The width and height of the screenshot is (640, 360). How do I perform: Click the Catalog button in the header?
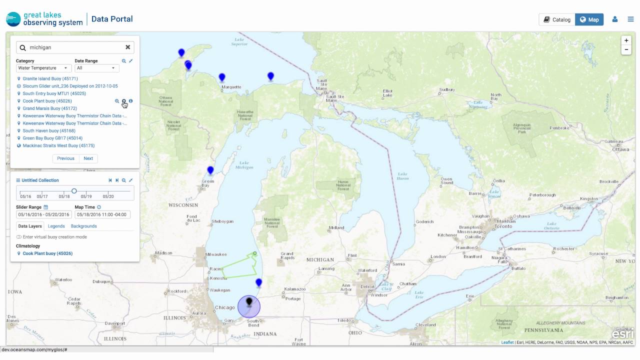pos(557,19)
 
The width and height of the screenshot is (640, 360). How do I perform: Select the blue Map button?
pos(589,19)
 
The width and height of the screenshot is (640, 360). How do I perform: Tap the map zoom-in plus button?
pos(626,40)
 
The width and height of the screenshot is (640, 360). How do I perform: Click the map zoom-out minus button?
pos(626,49)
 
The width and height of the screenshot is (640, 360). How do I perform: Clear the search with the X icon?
pos(127,47)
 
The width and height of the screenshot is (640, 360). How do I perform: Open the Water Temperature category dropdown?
pos(44,68)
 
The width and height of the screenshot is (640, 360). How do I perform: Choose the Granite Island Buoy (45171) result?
pos(50,78)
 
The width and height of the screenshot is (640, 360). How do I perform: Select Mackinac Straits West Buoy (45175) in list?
pos(58,145)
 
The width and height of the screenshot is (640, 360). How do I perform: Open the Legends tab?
pos(56,226)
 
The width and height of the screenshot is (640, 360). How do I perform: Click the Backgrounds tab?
pos(84,226)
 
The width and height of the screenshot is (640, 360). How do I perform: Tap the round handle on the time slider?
pos(74,191)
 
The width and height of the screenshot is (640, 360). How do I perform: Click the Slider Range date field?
pos(44,214)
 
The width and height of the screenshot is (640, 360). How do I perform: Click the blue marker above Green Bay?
pos(210,170)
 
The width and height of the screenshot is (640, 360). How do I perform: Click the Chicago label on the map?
pos(224,307)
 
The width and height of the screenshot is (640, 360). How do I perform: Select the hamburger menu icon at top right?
pos(630,19)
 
